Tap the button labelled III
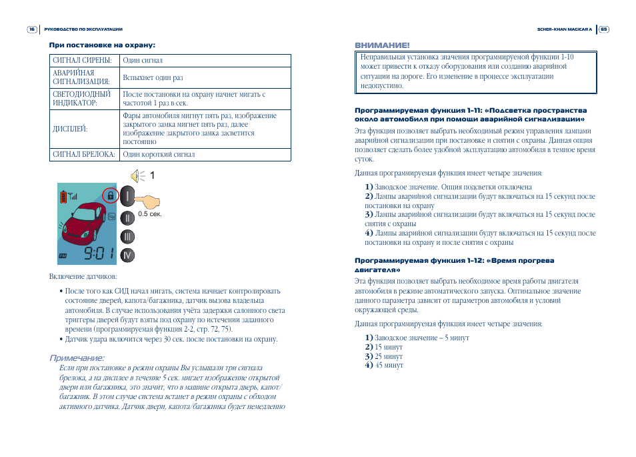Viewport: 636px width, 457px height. (x=129, y=236)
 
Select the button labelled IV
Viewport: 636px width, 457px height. (x=129, y=255)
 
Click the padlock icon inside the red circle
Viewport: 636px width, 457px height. (x=111, y=195)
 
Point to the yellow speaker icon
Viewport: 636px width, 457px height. (x=137, y=175)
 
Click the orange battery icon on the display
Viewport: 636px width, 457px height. (x=64, y=196)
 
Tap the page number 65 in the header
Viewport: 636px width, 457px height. (x=603, y=29)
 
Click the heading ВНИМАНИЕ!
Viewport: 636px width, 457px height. (x=382, y=45)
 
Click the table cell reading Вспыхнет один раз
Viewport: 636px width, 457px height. (x=153, y=78)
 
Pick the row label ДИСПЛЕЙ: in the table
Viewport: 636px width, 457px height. (x=70, y=129)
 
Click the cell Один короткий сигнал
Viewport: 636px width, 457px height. (x=159, y=155)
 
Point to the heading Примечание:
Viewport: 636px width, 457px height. (x=77, y=359)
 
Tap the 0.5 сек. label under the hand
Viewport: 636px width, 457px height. (x=150, y=214)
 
